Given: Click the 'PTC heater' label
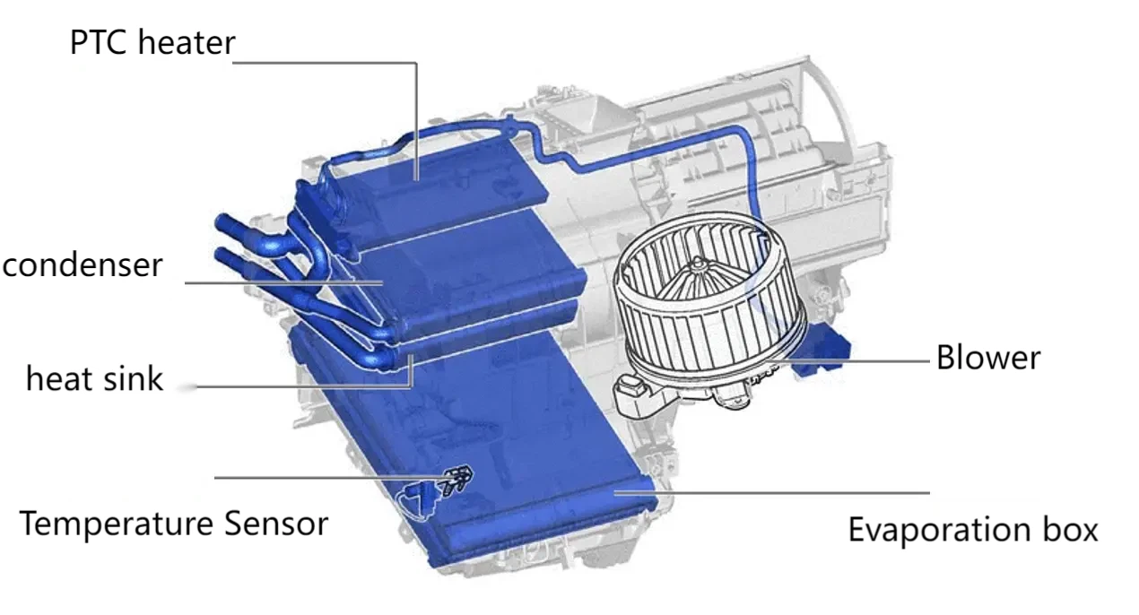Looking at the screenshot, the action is tap(152, 42).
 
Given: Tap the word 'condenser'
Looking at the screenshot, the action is tap(83, 264).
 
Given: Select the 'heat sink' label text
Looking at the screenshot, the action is tap(94, 378).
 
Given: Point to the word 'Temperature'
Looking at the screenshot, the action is tap(116, 524).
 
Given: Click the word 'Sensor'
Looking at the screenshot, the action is tap(276, 524).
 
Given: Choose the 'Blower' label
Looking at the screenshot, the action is tap(988, 358).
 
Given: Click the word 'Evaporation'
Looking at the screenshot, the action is tap(939, 530).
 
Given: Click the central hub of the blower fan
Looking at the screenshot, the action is tap(697, 264).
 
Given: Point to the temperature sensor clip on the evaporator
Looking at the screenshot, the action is tap(457, 479).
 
